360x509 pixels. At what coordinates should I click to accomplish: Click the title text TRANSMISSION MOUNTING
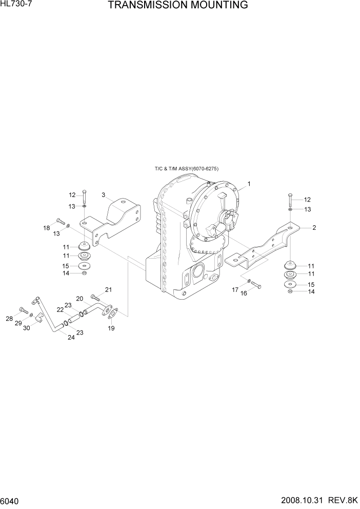(x=178, y=6)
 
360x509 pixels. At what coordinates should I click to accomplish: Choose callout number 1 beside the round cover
(x=249, y=184)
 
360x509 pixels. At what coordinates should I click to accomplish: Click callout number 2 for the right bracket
(x=313, y=227)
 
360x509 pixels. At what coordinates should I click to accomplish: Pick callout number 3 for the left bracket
(x=103, y=195)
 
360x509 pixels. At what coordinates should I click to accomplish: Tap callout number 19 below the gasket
(x=111, y=328)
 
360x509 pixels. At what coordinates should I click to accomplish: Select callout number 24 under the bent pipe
(x=71, y=338)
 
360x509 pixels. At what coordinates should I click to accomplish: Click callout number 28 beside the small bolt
(x=9, y=319)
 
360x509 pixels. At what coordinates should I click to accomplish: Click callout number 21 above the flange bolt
(x=108, y=290)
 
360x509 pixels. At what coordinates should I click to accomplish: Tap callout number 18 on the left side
(x=46, y=228)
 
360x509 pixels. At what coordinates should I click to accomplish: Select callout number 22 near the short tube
(x=60, y=309)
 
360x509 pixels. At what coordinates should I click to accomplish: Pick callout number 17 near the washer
(x=235, y=290)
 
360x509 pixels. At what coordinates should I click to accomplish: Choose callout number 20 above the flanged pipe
(x=79, y=299)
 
